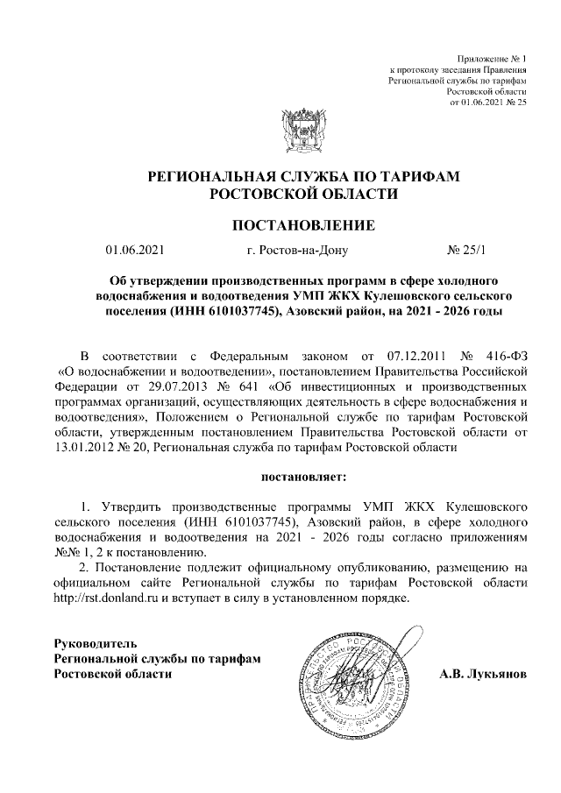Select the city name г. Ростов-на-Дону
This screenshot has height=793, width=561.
[298, 251]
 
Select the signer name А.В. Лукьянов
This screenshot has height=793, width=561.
[482, 675]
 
